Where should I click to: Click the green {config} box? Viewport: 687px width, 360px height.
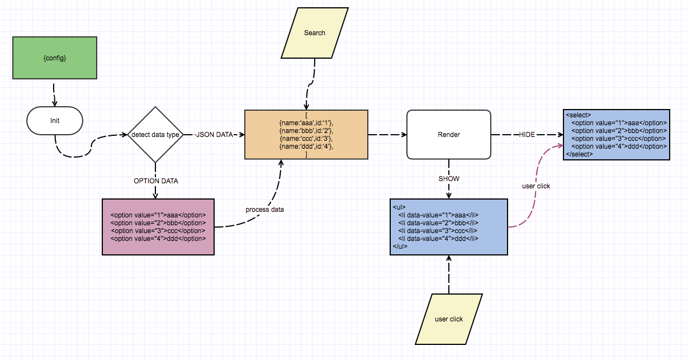point(55,58)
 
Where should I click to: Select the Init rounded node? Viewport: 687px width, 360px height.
point(55,120)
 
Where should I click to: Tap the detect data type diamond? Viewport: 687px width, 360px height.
point(155,135)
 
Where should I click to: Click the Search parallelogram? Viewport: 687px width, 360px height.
point(314,33)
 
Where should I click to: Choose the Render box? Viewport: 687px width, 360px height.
point(448,135)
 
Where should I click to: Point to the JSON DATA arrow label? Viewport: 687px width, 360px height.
point(214,135)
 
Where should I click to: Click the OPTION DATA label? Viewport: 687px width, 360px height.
point(155,181)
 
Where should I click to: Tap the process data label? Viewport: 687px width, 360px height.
point(264,210)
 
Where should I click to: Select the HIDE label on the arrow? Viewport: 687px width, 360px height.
point(527,135)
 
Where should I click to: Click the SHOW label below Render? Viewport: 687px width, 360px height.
point(449,179)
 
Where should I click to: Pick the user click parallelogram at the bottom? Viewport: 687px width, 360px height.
point(448,319)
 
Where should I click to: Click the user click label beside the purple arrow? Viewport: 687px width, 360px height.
point(535,186)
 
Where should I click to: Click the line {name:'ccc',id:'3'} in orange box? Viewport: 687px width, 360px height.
point(306,138)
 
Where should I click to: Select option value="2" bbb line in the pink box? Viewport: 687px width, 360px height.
point(158,223)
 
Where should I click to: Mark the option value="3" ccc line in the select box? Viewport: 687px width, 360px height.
point(619,138)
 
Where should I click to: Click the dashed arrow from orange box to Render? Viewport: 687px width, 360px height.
point(387,135)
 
